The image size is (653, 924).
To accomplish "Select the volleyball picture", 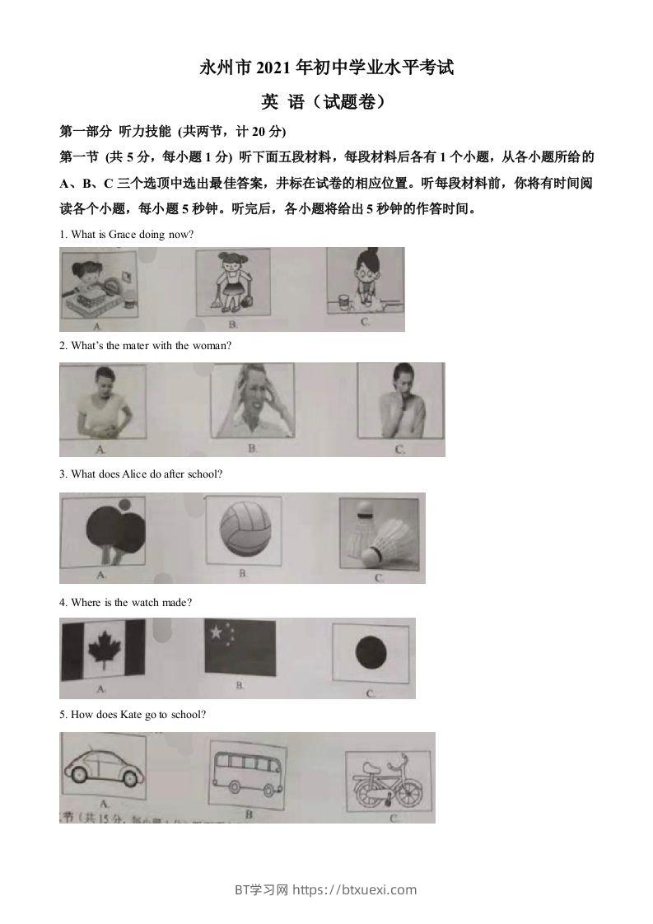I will pyautogui.click(x=244, y=530).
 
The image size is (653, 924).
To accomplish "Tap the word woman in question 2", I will pyautogui.click(x=212, y=346).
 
